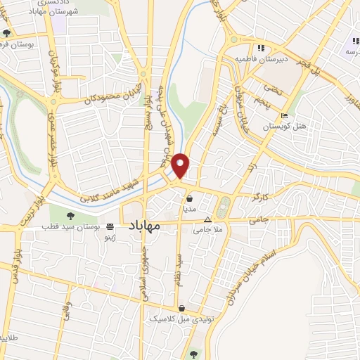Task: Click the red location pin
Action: coord(181,165)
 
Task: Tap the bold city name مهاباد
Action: coord(146,226)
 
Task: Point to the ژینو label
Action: coord(110,238)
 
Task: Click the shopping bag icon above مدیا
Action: coord(190,199)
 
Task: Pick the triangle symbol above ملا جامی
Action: coord(206,219)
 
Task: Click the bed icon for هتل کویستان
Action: coord(283,117)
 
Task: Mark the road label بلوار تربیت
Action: coord(33,204)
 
